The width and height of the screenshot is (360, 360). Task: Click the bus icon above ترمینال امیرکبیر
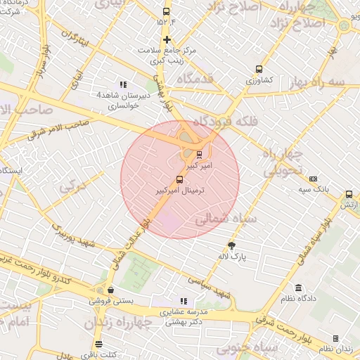[x=179, y=180]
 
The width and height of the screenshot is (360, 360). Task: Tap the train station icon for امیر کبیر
[x=199, y=154]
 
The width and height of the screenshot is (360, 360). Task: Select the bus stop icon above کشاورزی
[x=259, y=70]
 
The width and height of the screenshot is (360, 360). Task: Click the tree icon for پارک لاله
[x=232, y=245]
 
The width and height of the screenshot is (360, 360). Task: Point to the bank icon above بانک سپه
[x=313, y=179]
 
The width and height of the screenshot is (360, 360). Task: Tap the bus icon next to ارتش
[x=349, y=194]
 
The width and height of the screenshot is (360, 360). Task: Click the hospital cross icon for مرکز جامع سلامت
[x=167, y=39]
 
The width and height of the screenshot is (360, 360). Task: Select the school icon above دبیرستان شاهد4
[x=124, y=84]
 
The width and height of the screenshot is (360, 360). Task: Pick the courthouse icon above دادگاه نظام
[x=299, y=288]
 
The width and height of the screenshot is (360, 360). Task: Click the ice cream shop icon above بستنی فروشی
[x=110, y=290]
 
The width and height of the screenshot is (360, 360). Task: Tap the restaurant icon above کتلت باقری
[x=98, y=345]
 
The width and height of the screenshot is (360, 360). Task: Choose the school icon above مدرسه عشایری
[x=184, y=301]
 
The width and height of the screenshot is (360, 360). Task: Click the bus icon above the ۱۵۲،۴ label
[x=166, y=12]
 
